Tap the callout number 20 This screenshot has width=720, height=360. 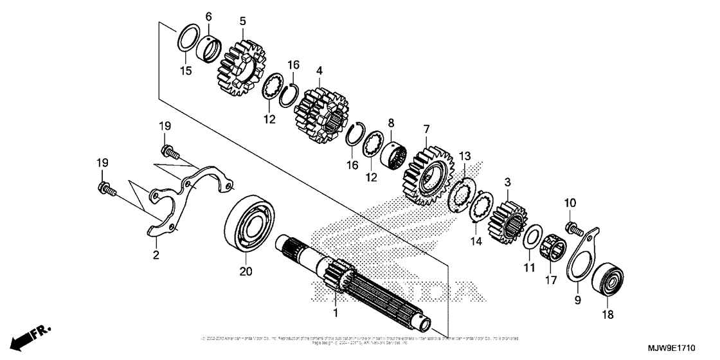click(x=245, y=272)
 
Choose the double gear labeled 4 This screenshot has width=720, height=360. click(x=321, y=116)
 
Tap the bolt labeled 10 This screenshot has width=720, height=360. click(x=571, y=227)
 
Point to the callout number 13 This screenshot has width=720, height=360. click(x=465, y=156)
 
